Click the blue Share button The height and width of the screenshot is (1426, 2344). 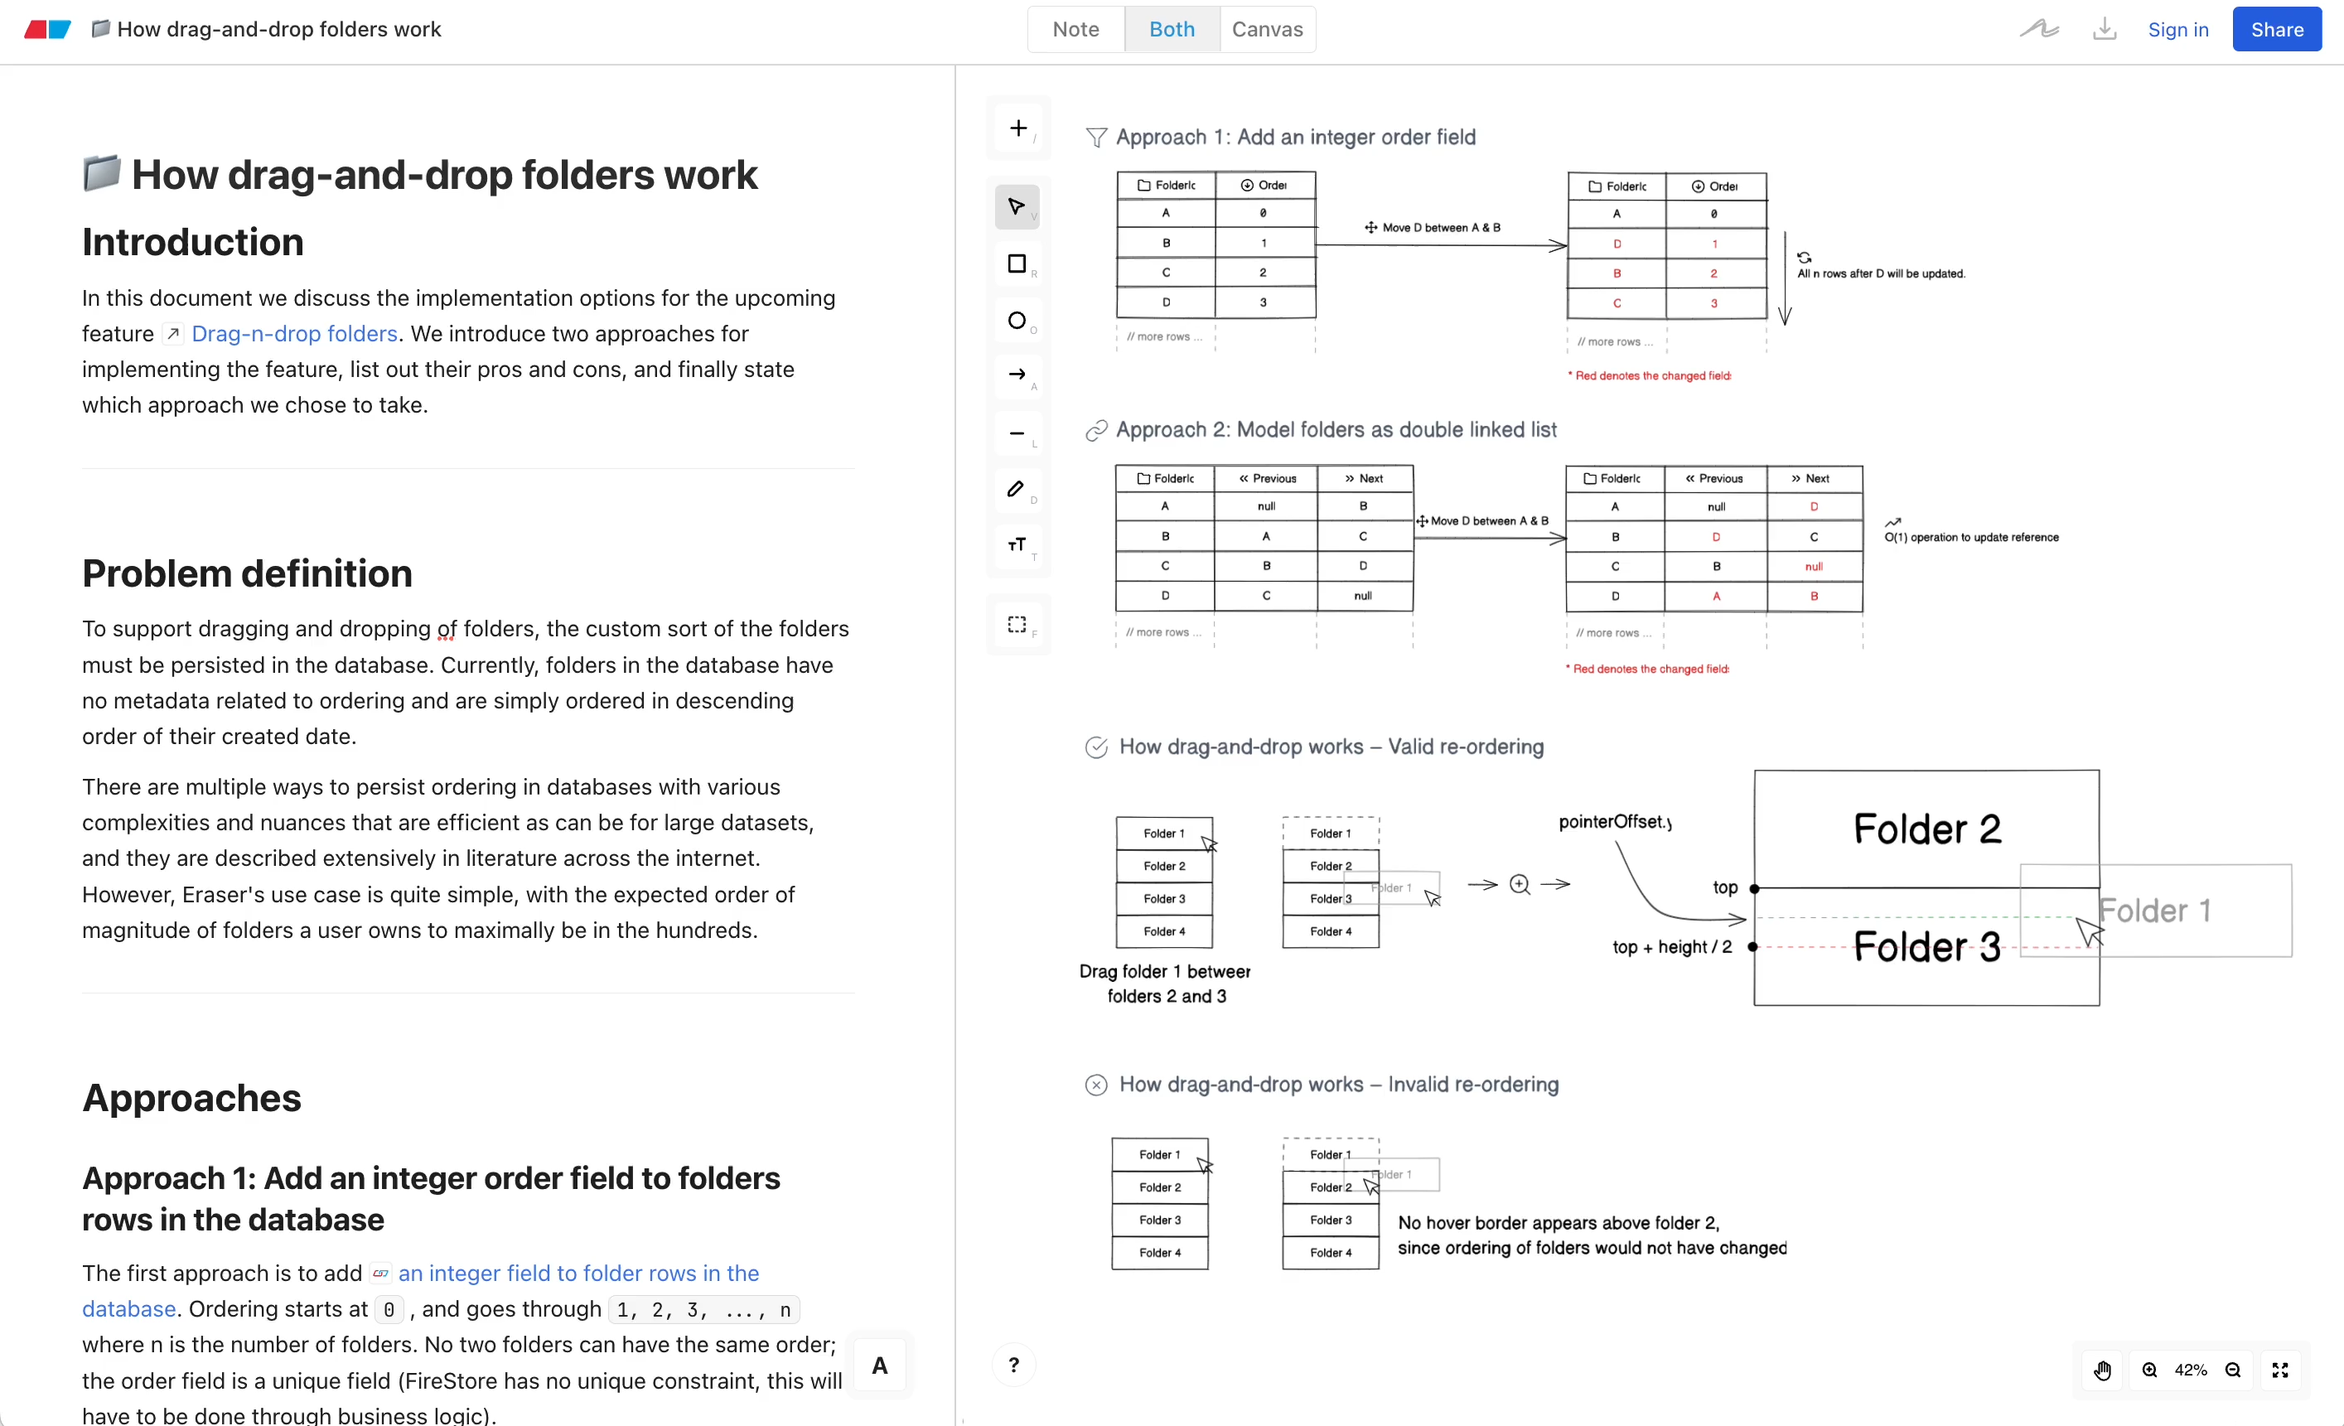(2275, 30)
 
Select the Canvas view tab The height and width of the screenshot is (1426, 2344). (1266, 30)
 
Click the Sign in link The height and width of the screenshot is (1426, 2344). (2177, 30)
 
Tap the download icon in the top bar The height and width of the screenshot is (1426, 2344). (2104, 30)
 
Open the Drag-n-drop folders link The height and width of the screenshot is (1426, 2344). (294, 334)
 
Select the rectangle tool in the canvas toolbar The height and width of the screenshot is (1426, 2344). (1016, 263)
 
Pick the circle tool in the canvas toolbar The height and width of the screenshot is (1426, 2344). (1016, 321)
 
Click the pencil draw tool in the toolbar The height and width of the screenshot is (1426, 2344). (1016, 489)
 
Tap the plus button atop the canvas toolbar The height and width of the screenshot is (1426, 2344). (1018, 128)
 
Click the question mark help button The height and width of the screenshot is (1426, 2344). (1013, 1366)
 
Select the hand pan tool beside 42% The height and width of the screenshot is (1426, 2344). (2102, 1370)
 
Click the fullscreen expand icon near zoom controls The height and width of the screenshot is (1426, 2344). (2279, 1370)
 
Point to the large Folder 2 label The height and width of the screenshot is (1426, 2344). (1926, 829)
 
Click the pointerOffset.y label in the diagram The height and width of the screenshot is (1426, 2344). (1614, 822)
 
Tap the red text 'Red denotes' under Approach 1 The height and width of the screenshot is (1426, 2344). (1652, 375)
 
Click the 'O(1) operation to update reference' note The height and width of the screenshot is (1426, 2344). (1971, 538)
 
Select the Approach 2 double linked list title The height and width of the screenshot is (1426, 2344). (1336, 430)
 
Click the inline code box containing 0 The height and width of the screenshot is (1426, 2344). (388, 1310)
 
